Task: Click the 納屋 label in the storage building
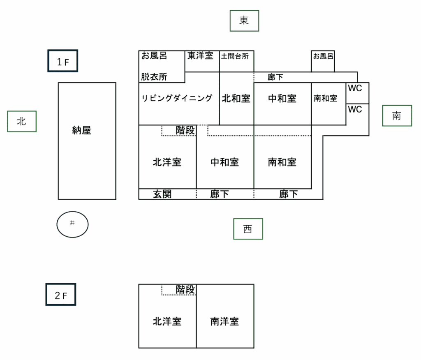click(x=81, y=131)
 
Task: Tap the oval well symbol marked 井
click(x=72, y=224)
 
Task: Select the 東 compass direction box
click(x=244, y=21)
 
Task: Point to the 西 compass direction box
click(x=248, y=229)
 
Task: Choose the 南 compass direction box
click(x=397, y=116)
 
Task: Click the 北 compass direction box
click(x=22, y=121)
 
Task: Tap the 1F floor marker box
click(x=62, y=61)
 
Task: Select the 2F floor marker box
click(x=60, y=295)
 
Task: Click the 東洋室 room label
click(x=200, y=56)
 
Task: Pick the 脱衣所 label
click(x=154, y=77)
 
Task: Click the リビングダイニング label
click(x=177, y=98)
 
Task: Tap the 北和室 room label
click(x=236, y=99)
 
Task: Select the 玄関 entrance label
click(x=162, y=194)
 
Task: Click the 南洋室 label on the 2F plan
click(x=224, y=321)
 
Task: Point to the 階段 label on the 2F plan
click(x=185, y=290)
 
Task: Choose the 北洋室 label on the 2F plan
click(x=167, y=321)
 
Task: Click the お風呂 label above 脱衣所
click(x=154, y=56)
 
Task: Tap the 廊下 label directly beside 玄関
click(x=220, y=194)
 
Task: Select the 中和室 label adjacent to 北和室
click(x=282, y=99)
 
